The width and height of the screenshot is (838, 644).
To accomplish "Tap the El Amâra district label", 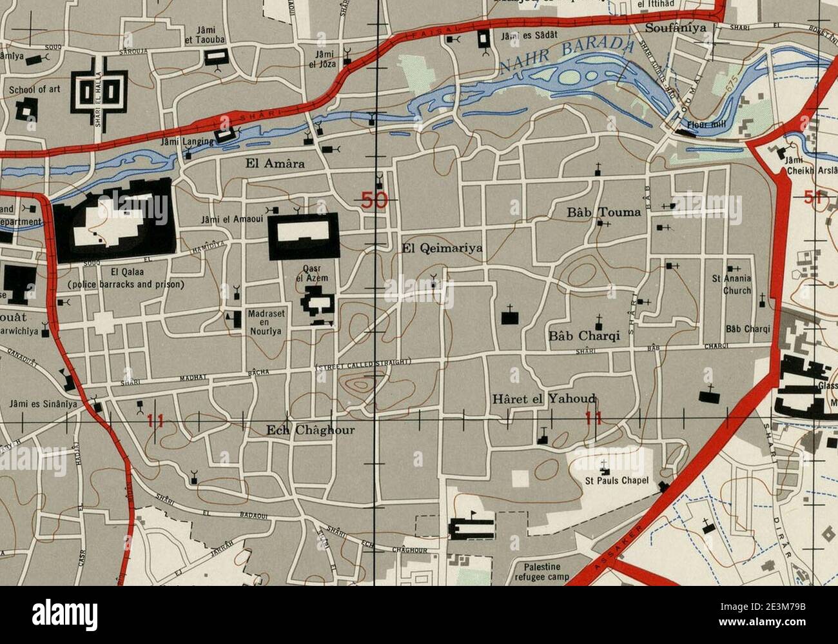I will point(275,163).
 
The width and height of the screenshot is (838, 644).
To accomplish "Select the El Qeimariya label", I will point(442,247).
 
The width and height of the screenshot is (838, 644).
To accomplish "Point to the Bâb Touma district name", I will point(604,212).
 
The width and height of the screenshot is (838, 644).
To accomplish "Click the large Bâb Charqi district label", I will point(584,336).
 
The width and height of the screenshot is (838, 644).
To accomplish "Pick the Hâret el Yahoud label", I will point(543,399).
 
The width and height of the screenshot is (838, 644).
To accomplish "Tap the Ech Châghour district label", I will point(311,430).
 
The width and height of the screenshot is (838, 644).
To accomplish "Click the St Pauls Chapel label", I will point(616,481).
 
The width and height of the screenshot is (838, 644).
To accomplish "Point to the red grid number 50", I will point(374,200).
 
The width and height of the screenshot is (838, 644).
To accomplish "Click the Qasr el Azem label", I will point(311,274).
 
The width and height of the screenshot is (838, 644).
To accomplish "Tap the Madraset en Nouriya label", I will point(265,322).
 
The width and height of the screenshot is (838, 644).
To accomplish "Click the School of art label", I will point(34,89).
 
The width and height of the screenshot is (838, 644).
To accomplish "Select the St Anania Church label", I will point(732,285).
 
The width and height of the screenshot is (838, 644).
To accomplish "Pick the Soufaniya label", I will point(676,28).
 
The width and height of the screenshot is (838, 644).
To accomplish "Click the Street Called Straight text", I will point(363,367).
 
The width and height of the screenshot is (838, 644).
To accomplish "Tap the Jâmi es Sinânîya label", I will point(43,405).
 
